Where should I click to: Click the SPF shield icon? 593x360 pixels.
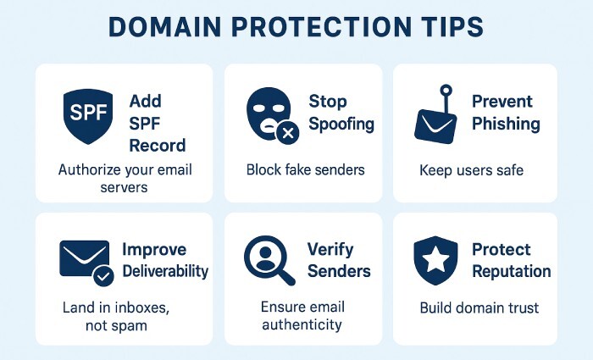[88, 114]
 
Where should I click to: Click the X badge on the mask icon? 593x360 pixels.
[289, 132]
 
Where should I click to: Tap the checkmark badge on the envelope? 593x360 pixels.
[103, 276]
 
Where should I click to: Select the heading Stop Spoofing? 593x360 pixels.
[339, 113]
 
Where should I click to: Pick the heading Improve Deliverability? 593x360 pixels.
[165, 260]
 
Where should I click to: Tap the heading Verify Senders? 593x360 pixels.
[338, 260]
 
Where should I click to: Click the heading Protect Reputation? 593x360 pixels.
[511, 260]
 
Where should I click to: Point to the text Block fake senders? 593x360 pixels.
[305, 169]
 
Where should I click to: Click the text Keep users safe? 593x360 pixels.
[472, 170]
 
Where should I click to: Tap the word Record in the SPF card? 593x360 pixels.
[157, 145]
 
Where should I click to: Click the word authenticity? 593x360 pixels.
[302, 324]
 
